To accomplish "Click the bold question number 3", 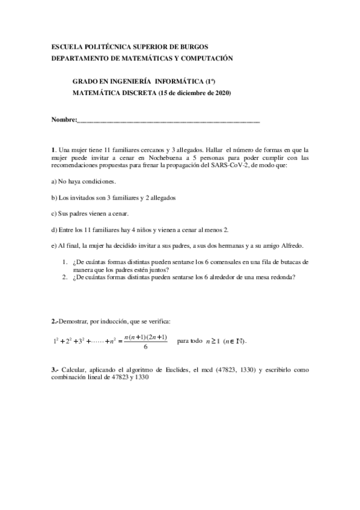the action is click(x=53, y=370).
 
